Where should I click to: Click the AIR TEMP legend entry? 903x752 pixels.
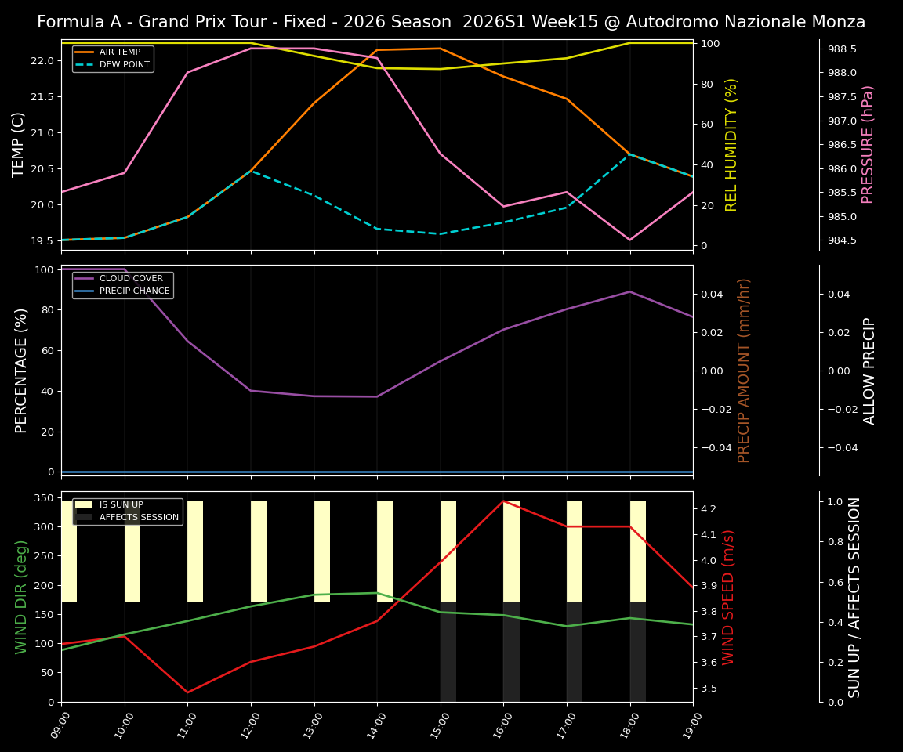pyautogui.click(x=119, y=52)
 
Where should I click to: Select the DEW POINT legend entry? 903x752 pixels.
pyautogui.click(x=124, y=65)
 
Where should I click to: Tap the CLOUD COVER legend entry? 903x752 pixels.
pyautogui.click(x=131, y=279)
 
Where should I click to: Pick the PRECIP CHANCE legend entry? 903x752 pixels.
pyautogui.click(x=134, y=291)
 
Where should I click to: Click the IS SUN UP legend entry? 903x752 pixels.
pyautogui.click(x=121, y=505)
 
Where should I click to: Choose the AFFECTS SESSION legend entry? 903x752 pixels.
pyautogui.click(x=139, y=518)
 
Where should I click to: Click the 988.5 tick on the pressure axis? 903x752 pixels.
pyautogui.click(x=842, y=49)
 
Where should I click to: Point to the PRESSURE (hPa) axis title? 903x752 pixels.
pyautogui.click(x=868, y=144)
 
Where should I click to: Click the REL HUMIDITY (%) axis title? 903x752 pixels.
pyautogui.click(x=732, y=144)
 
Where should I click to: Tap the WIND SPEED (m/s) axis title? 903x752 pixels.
pyautogui.click(x=729, y=597)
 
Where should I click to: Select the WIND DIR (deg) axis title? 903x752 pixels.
pyautogui.click(x=22, y=597)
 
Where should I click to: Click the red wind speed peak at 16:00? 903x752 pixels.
pyautogui.click(x=503, y=501)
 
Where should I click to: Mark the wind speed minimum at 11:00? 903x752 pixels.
pyautogui.click(x=187, y=692)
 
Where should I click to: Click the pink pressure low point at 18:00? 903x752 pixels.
pyautogui.click(x=629, y=240)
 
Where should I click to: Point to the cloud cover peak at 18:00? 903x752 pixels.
pyautogui.click(x=629, y=291)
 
